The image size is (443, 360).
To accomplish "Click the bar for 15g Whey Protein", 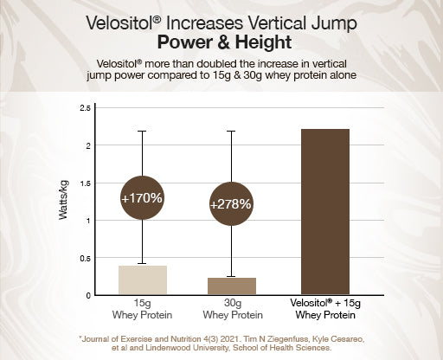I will pos(142,280).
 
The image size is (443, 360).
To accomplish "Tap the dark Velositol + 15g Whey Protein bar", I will pos(324,212).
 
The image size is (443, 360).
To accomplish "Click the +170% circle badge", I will pos(142,198).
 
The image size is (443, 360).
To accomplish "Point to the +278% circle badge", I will pos(230,205).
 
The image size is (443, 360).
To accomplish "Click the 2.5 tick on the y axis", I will pos(85,108).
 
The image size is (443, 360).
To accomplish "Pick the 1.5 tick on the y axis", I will pos(85,183).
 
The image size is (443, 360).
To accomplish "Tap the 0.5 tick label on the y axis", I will pos(85,258).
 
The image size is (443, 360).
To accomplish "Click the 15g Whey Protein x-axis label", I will pos(142,310).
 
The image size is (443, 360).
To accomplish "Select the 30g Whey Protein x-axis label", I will pos(231,310).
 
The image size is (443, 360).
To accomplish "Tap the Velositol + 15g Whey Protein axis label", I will pos(324,310).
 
